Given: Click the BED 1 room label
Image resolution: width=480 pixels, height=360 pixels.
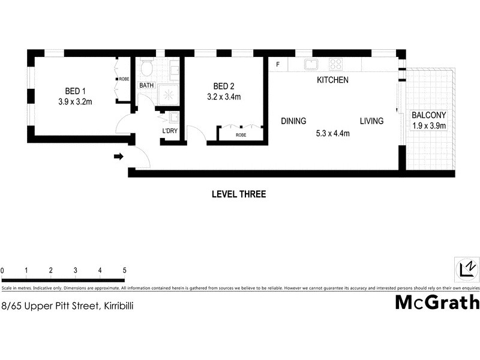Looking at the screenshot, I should [x=73, y=91].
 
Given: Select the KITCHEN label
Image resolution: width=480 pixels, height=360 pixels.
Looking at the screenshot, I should [x=332, y=80].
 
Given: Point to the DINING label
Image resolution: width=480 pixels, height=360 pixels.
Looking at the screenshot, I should [x=293, y=121].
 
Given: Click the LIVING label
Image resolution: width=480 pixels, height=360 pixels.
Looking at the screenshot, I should [x=371, y=121].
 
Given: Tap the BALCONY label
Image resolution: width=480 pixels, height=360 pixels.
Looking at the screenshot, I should [x=428, y=115].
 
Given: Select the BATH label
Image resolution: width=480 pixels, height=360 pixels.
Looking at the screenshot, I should [x=146, y=86].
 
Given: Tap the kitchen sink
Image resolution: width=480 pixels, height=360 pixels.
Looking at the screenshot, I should [x=311, y=64].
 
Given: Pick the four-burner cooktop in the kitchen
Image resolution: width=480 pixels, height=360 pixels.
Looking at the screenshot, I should [x=335, y=64].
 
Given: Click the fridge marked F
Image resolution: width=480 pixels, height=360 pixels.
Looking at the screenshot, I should [x=278, y=64].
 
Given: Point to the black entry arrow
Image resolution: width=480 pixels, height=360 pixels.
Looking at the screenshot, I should [x=119, y=157].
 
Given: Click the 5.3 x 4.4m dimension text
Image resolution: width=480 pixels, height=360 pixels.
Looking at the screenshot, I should [x=332, y=134].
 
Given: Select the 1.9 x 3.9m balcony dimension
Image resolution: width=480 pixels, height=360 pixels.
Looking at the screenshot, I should [x=428, y=126].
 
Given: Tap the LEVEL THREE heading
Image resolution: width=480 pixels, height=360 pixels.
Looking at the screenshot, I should [x=239, y=194].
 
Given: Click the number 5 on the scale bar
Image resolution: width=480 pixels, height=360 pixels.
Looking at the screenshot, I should [x=124, y=271].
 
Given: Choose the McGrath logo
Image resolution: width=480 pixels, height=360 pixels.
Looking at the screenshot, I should [x=437, y=302].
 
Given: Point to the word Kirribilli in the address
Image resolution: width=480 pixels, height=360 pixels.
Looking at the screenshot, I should [x=113, y=305].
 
